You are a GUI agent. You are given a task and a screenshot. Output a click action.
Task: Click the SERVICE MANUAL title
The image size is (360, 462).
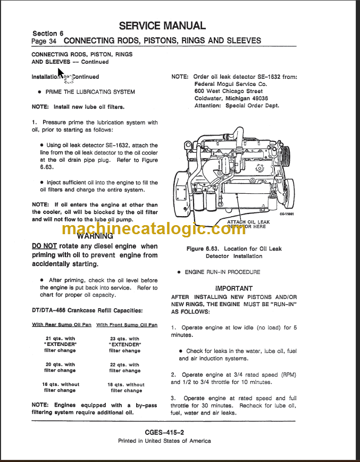(x=162, y=26)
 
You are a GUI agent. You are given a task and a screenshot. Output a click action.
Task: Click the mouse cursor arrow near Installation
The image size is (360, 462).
(x=60, y=73)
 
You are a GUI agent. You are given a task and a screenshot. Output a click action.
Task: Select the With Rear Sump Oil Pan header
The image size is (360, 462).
(x=61, y=325)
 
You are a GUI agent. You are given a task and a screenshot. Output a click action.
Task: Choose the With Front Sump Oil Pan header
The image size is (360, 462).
(x=127, y=325)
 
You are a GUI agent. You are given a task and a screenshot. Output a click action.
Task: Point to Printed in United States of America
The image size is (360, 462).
(x=164, y=441)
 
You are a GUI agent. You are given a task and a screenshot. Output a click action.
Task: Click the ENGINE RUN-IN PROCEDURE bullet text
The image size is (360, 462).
(x=222, y=272)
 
